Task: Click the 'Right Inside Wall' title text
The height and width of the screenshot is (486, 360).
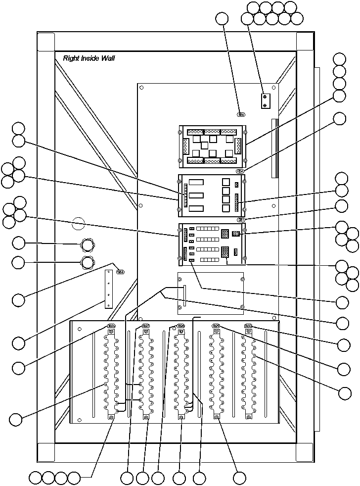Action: [x=89, y=58]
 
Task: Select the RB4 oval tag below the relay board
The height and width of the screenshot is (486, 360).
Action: [x=240, y=171]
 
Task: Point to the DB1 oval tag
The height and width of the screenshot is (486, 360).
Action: [x=241, y=219]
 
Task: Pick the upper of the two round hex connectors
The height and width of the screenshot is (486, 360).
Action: [x=87, y=244]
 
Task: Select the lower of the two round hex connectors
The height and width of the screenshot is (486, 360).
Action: [x=87, y=262]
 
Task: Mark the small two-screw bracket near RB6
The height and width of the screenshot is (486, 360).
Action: [x=266, y=100]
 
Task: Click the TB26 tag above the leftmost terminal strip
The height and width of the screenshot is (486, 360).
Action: [x=112, y=326]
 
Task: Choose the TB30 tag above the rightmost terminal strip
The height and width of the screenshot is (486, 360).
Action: [x=249, y=326]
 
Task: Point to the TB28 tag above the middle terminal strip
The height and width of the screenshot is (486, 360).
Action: [x=181, y=326]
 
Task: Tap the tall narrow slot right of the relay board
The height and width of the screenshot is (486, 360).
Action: [x=274, y=147]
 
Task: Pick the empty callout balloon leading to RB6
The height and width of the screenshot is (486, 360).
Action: [x=223, y=18]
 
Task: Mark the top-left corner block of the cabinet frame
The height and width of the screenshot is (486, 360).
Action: [x=46, y=42]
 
